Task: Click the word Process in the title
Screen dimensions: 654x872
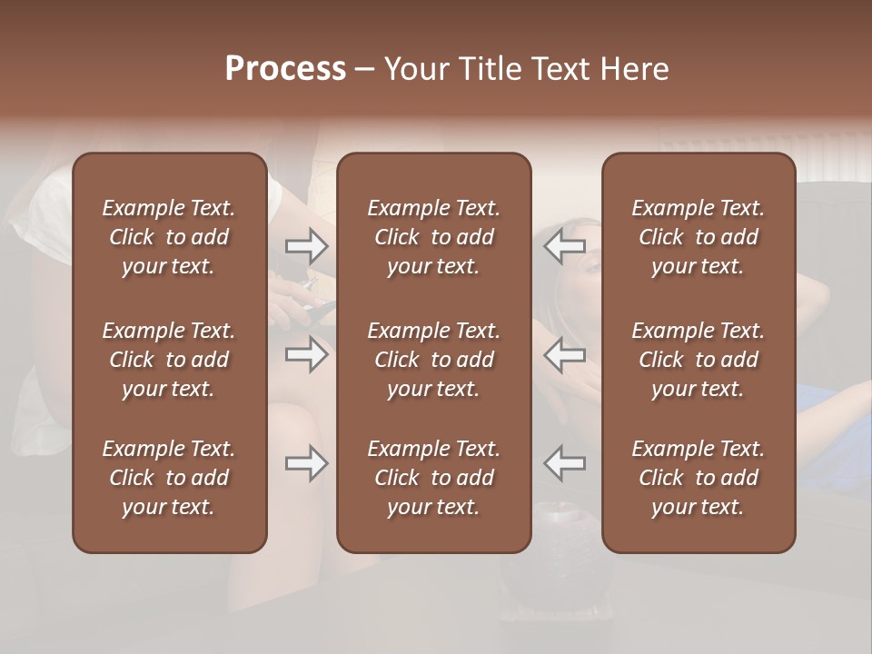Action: click(x=285, y=69)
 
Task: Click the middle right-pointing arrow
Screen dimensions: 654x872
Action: click(x=306, y=354)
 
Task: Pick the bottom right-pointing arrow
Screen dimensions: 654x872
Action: click(x=306, y=463)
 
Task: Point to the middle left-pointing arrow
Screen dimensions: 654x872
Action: click(x=565, y=354)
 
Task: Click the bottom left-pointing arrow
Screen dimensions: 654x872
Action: click(x=565, y=463)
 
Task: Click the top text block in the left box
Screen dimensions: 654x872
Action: click(x=169, y=237)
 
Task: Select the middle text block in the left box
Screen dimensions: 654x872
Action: click(x=169, y=360)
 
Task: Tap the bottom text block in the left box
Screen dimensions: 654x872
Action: click(x=169, y=478)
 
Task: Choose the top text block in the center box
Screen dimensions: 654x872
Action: click(x=433, y=237)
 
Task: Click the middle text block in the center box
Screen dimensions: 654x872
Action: click(x=433, y=360)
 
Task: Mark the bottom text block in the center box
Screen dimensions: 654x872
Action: click(x=433, y=478)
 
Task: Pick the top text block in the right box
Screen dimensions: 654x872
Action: click(x=698, y=237)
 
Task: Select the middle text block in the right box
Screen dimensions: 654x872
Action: click(x=698, y=360)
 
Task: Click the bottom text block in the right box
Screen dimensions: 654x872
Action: click(x=698, y=478)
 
